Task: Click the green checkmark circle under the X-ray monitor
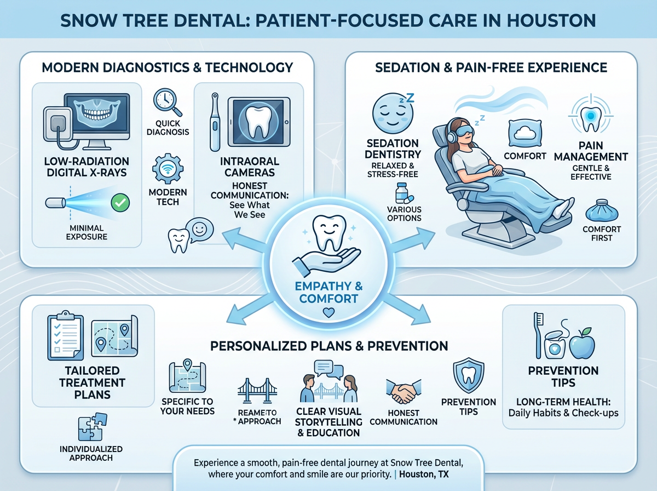(x=119, y=203)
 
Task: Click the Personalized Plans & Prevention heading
(x=328, y=346)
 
